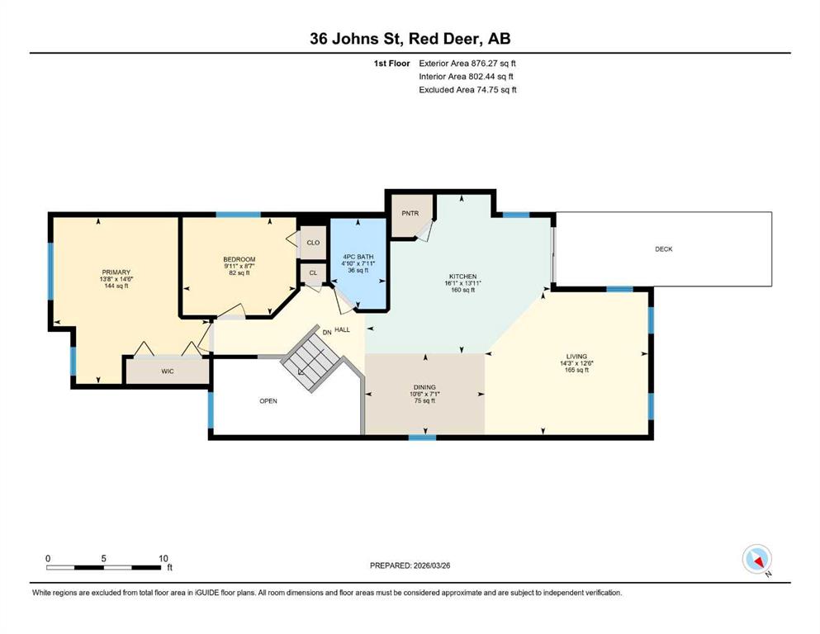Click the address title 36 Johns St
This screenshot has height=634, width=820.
358,39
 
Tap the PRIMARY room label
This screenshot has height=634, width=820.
116,272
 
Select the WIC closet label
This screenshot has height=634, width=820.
168,371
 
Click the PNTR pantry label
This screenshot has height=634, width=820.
410,213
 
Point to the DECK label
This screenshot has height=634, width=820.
664,248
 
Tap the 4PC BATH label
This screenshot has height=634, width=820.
358,257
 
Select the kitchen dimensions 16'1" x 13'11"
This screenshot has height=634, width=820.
462,283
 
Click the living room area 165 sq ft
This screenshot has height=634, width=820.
576,370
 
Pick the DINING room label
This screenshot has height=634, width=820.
424,387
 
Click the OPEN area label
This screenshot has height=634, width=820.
268,401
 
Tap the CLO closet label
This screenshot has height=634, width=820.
313,243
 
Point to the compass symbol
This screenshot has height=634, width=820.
756,559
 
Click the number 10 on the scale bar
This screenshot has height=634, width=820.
164,558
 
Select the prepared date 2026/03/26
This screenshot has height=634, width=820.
431,565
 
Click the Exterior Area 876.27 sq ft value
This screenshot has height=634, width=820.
467,64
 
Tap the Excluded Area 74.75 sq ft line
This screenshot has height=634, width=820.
467,89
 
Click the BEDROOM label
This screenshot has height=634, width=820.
239,259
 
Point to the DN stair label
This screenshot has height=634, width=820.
327,333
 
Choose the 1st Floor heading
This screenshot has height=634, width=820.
391,64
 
